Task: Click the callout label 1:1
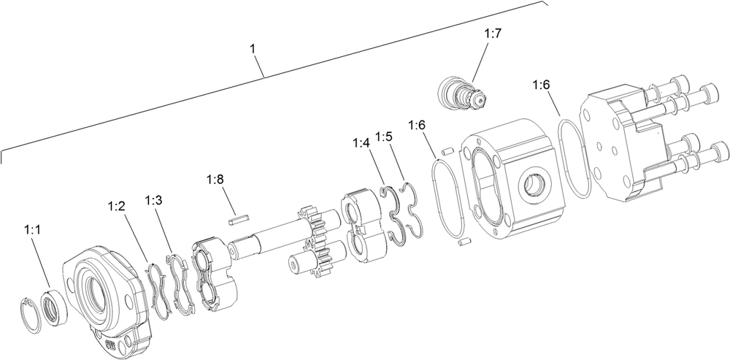click(33, 229)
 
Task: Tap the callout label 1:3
click(154, 200)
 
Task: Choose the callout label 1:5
click(385, 137)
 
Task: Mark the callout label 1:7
click(493, 34)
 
